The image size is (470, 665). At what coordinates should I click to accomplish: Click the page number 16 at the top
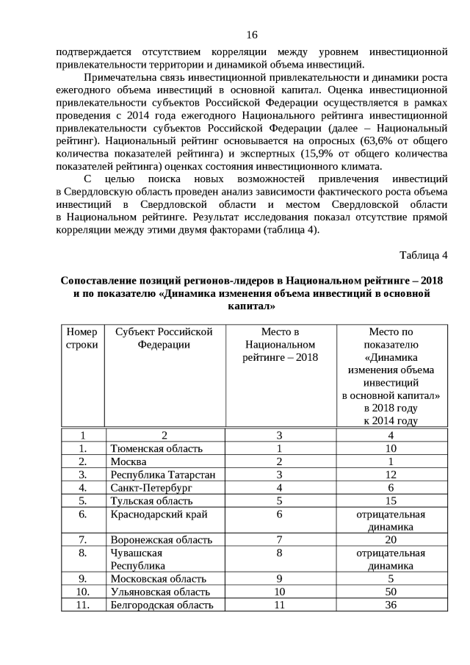click(x=252, y=35)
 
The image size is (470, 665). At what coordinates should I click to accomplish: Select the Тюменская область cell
click(x=156, y=448)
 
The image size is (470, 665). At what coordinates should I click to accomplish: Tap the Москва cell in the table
click(x=129, y=461)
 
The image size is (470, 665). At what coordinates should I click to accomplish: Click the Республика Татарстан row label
click(x=162, y=475)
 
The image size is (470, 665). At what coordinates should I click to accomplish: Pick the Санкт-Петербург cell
click(x=151, y=488)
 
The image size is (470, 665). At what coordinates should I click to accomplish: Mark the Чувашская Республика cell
click(x=137, y=559)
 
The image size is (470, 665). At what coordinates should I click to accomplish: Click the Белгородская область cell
click(x=162, y=605)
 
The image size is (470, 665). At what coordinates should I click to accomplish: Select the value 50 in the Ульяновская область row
click(x=391, y=592)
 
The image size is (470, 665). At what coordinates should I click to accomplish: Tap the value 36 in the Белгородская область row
click(x=391, y=605)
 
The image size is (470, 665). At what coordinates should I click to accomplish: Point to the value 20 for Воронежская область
click(x=391, y=540)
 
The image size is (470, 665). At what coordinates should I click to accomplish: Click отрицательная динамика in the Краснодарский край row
click(x=391, y=520)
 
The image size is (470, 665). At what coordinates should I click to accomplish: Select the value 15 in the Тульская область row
click(x=391, y=501)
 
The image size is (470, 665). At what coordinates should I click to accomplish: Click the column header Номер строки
click(x=82, y=338)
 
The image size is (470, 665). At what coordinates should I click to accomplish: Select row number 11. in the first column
click(x=82, y=605)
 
